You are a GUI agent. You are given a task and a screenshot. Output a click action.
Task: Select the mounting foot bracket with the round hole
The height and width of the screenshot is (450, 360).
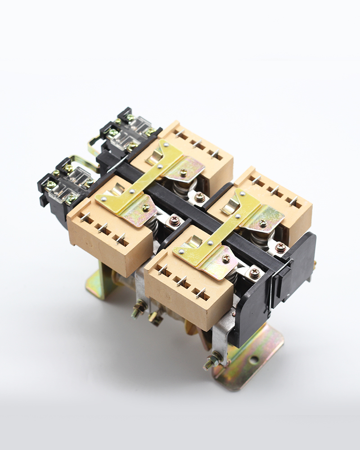point(252,355)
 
